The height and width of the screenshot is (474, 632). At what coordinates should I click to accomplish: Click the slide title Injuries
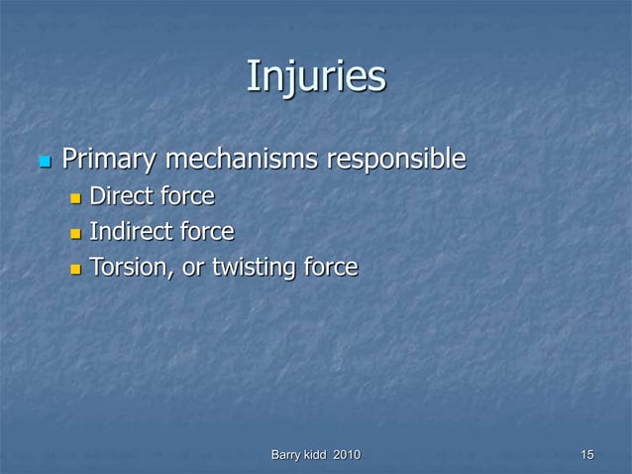click(x=315, y=76)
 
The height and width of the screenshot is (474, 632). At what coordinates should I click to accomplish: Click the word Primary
click(x=110, y=159)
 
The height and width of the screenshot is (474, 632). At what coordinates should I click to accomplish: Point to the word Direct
click(x=119, y=196)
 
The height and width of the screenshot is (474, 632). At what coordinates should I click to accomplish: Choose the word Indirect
click(x=128, y=232)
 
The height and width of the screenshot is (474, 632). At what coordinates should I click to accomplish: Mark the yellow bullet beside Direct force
click(x=76, y=198)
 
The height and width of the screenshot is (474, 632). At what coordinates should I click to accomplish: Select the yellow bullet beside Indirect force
click(x=76, y=234)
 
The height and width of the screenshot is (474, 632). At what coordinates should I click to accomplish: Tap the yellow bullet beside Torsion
click(x=76, y=269)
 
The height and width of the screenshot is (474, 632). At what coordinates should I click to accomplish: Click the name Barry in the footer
click(x=288, y=454)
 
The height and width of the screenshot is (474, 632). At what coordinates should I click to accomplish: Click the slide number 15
click(x=587, y=454)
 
